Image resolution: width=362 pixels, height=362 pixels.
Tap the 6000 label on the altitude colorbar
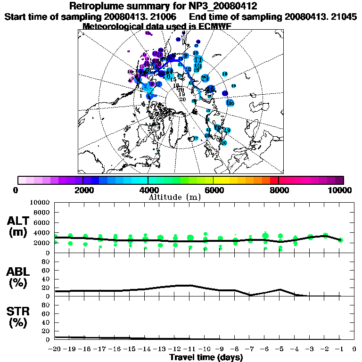point(214,190)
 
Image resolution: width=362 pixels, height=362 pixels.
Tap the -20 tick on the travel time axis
point(55,349)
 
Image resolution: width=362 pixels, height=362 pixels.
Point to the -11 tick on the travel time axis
point(189,349)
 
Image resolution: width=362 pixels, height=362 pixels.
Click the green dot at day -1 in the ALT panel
point(340,240)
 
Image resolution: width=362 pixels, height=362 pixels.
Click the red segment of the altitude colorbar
point(274,180)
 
